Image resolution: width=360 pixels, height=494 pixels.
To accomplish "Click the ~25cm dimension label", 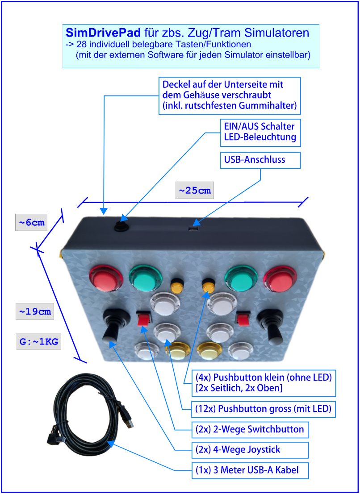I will point(195,191).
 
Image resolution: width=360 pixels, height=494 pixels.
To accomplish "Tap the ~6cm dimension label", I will point(31,223).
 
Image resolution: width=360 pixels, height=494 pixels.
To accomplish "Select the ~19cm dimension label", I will point(35,311).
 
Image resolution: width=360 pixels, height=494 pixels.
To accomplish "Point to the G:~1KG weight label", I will point(39,342).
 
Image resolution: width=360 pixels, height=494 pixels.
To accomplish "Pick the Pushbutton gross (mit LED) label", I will point(264,408).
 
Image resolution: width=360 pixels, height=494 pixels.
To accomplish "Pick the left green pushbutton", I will point(146,278).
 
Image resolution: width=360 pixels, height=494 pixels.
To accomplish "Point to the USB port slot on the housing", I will point(193,228).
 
